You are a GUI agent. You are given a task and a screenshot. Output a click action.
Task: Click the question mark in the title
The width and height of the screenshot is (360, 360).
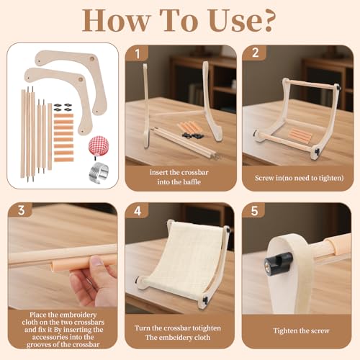point(267,20)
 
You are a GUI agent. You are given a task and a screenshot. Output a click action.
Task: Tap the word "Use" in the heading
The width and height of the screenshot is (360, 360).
point(231,21)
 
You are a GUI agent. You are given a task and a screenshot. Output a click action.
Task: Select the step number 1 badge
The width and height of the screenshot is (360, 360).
point(138,54)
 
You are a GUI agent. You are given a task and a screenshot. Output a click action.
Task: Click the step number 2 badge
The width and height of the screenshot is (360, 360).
point(255,53)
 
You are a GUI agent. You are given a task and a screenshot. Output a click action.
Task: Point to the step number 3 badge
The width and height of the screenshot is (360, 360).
point(21,210)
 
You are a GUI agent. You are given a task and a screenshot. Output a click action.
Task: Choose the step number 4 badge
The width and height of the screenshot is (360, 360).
point(138,211)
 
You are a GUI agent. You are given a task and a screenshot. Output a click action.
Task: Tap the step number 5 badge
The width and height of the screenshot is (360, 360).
point(254,211)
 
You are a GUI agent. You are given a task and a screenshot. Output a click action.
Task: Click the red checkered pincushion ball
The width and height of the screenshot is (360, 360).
point(99,145)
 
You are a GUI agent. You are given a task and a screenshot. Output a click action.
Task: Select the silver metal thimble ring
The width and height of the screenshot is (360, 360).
point(99,171)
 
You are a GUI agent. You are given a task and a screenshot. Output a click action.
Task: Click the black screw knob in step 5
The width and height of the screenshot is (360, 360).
point(279,260)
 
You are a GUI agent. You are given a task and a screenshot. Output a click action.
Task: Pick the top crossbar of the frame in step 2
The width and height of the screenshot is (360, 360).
point(311,84)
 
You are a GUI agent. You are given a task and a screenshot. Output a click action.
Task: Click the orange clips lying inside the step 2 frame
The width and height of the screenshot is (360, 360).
point(300,135)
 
